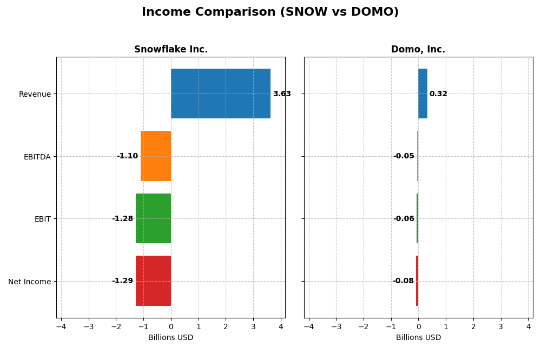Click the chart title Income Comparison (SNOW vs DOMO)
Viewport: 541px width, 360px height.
[x=270, y=12]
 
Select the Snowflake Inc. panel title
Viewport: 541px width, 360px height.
[x=170, y=50]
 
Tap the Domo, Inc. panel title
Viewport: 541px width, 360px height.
[x=418, y=50]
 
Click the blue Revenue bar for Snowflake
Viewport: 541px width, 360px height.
[x=220, y=94]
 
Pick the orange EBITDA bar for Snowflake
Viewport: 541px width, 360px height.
[x=156, y=156]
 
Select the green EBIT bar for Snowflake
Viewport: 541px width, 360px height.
[x=153, y=218]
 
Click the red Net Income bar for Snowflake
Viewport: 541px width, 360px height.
[x=153, y=281]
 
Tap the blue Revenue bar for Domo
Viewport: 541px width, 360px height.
[x=423, y=94]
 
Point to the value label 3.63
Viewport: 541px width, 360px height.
[x=281, y=94]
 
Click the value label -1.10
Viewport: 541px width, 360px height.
[x=127, y=156]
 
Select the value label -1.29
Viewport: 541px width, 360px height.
[x=122, y=281]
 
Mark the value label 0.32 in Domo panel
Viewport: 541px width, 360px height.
[x=438, y=94]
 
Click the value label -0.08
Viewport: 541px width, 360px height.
[x=403, y=281]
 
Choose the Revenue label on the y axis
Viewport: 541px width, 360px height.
[x=35, y=94]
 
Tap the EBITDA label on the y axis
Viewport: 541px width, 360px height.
[x=37, y=157]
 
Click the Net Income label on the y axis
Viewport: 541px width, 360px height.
[x=29, y=282]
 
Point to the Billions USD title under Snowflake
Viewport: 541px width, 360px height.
[x=170, y=338]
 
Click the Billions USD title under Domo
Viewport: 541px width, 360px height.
[x=418, y=338]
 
